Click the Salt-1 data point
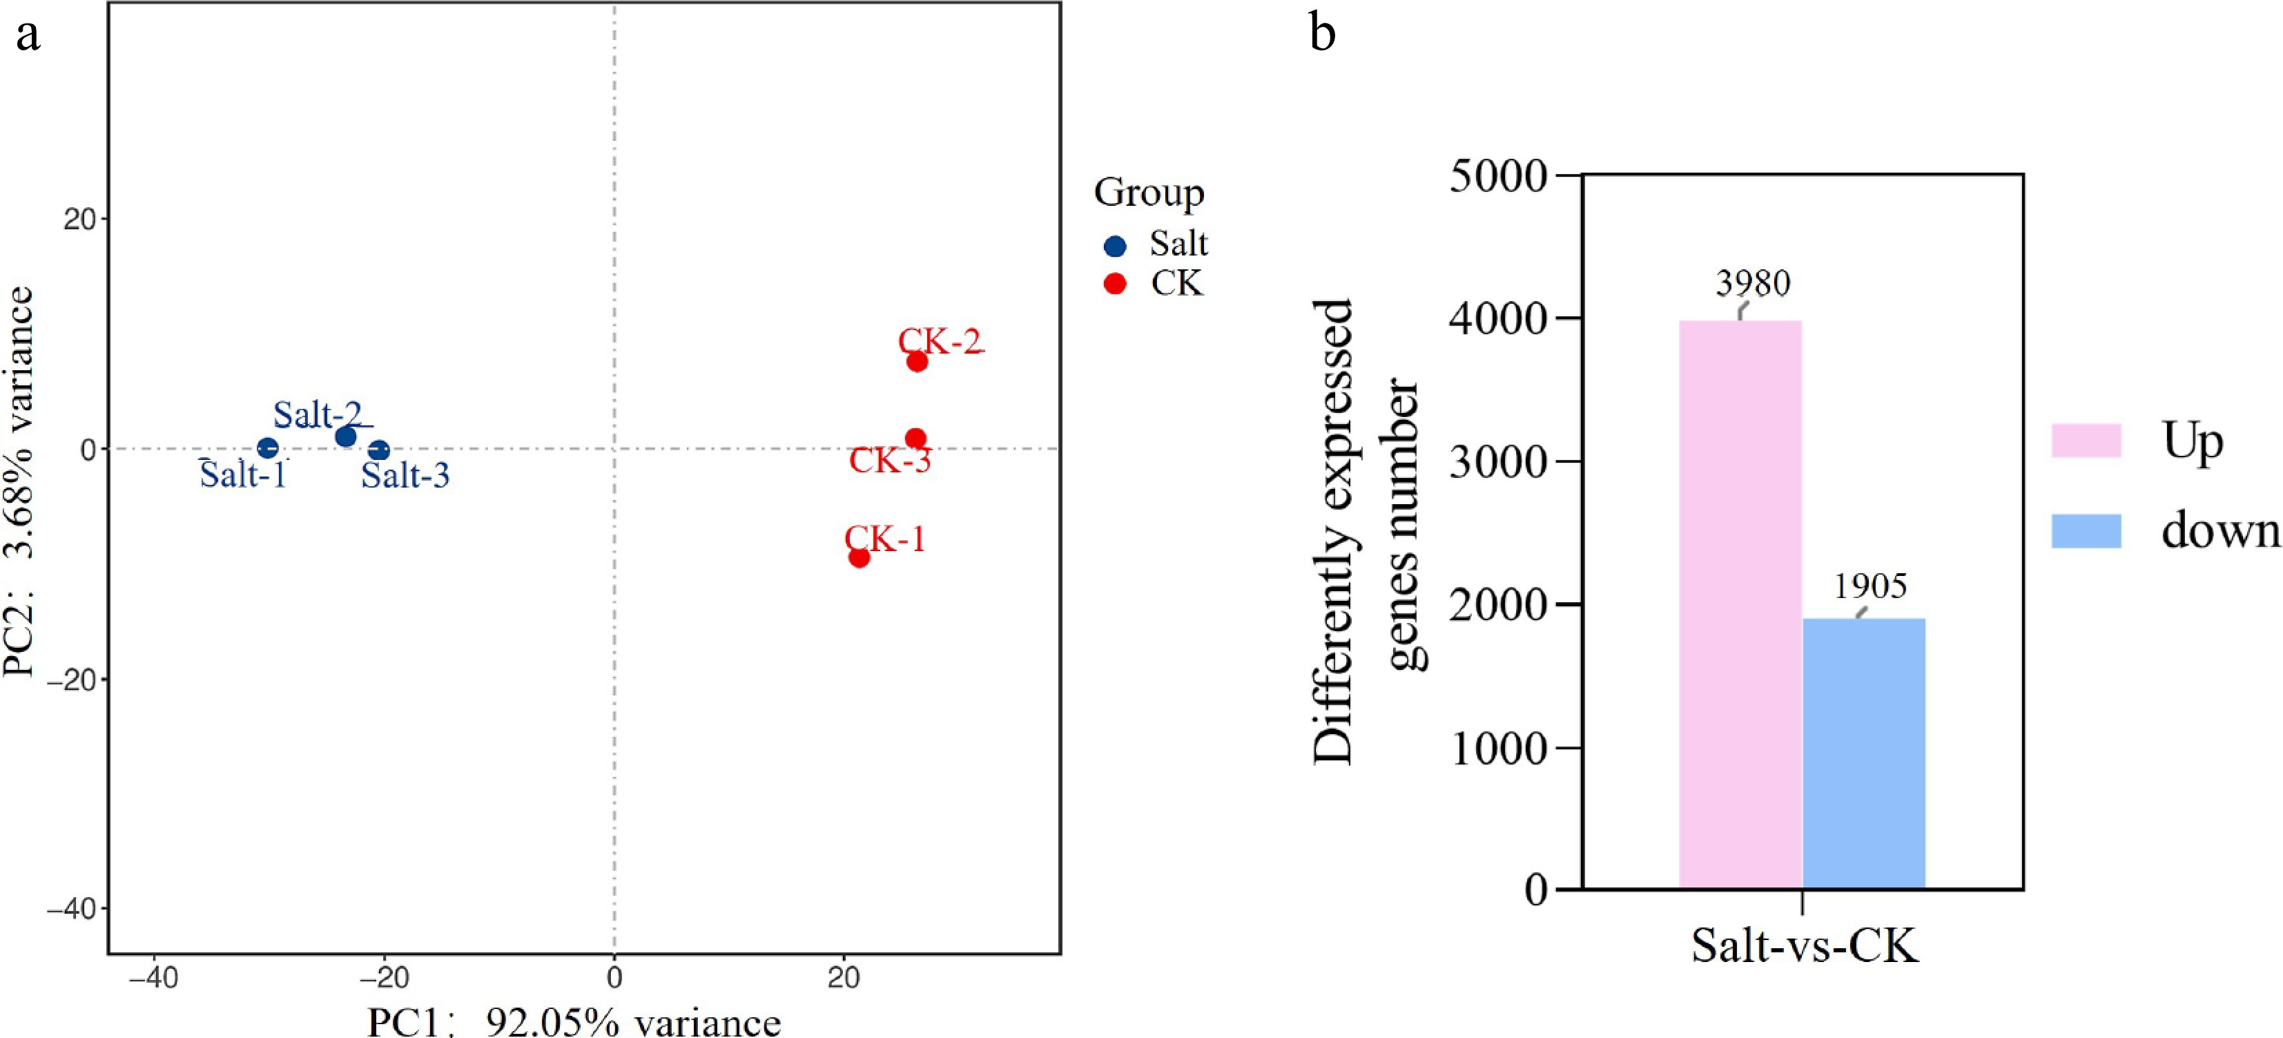click(x=268, y=448)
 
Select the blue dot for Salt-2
click(x=346, y=436)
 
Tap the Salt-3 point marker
click(x=378, y=450)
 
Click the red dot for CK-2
click(x=917, y=362)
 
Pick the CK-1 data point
click(x=859, y=557)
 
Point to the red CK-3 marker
click(x=915, y=439)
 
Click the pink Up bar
click(x=1740, y=604)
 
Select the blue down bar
click(x=1864, y=753)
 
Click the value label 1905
click(x=1870, y=586)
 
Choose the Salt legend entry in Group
click(x=1178, y=244)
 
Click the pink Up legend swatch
click(x=2086, y=441)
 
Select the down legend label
click(x=2219, y=531)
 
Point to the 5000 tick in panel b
click(x=1498, y=175)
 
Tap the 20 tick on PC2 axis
click(x=80, y=219)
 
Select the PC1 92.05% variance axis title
click(x=574, y=1022)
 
